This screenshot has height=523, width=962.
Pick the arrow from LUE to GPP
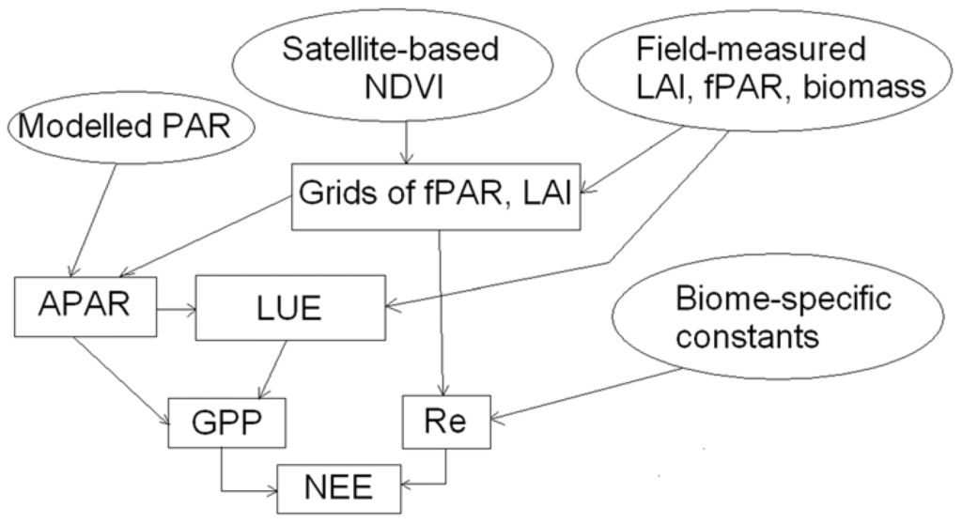pos(265,368)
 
